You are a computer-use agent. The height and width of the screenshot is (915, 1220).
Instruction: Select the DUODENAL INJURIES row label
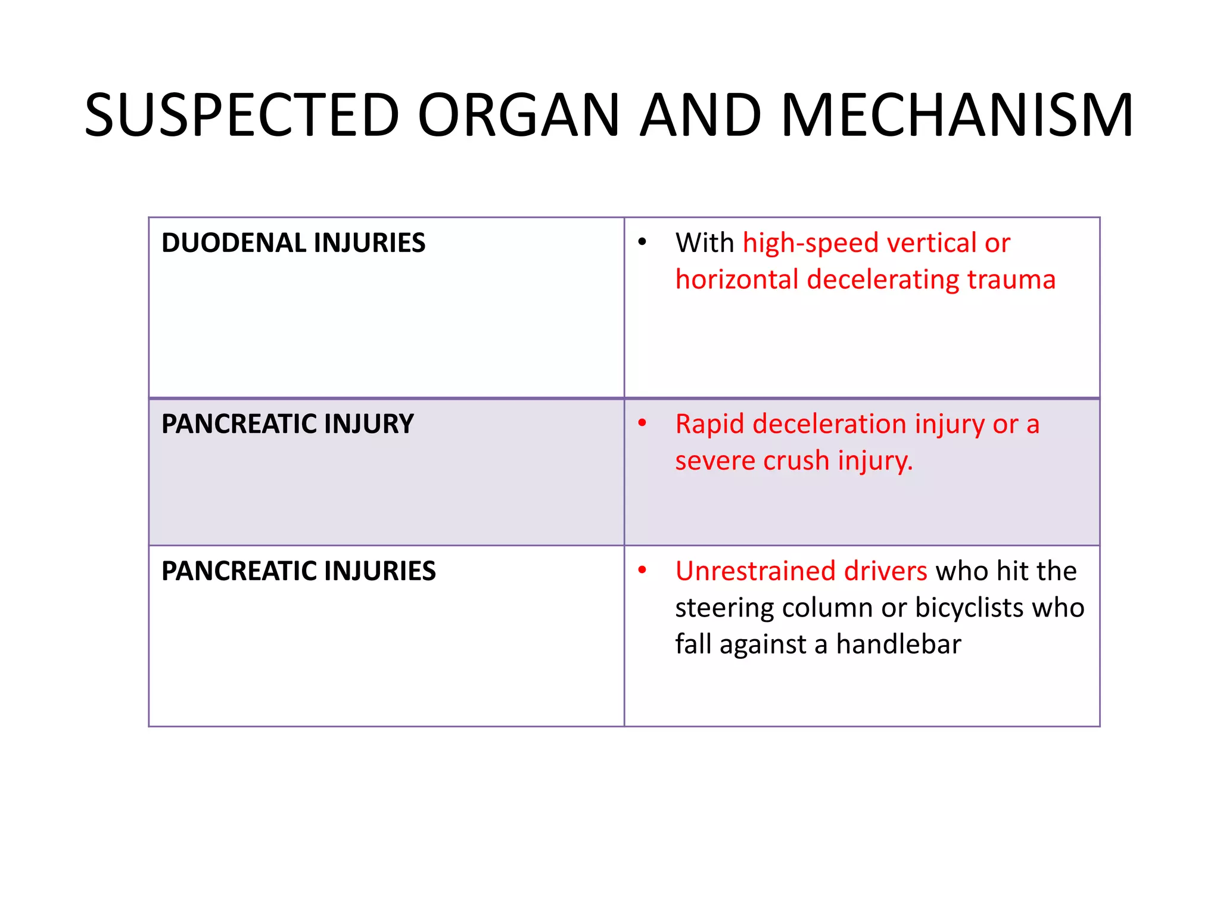[293, 243]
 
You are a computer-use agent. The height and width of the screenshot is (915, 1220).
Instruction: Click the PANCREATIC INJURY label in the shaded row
[287, 424]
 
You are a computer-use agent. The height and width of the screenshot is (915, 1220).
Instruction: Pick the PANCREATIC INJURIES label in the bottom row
[298, 571]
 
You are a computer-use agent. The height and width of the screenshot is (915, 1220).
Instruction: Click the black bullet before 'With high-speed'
[642, 242]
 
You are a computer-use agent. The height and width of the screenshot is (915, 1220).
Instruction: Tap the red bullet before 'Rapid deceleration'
[642, 423]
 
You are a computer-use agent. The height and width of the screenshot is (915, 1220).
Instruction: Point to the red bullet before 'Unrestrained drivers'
[642, 570]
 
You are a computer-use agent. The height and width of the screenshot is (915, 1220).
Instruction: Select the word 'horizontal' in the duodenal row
[737, 279]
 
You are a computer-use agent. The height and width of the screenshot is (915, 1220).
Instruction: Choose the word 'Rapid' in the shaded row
[710, 424]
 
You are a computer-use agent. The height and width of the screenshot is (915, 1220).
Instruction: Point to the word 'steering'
[724, 608]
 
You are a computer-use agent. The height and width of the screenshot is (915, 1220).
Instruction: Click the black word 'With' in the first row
[705, 243]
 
